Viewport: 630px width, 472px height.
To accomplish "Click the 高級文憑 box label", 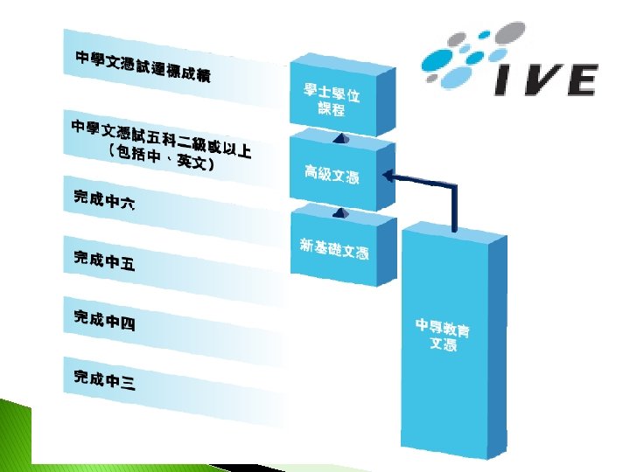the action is coord(332,175).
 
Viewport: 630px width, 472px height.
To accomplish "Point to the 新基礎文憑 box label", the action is coord(333,250).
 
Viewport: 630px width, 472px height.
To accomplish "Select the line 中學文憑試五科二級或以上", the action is coord(161,140).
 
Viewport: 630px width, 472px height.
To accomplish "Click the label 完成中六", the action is coord(104,199).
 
